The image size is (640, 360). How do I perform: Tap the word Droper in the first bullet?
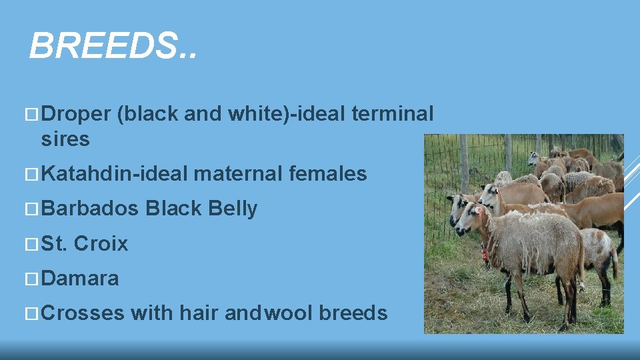[75, 114]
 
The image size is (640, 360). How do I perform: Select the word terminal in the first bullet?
[392, 114]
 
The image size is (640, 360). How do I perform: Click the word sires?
[65, 139]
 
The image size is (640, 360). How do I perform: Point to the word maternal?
[238, 174]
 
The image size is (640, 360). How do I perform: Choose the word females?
[328, 174]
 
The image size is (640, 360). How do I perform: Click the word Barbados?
[90, 209]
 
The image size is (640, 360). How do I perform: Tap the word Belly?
[233, 209]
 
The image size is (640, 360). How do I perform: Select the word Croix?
[101, 243]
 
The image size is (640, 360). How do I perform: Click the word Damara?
[80, 278]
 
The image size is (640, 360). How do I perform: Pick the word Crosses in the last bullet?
[83, 313]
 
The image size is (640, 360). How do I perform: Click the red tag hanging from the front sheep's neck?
[485, 254]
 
